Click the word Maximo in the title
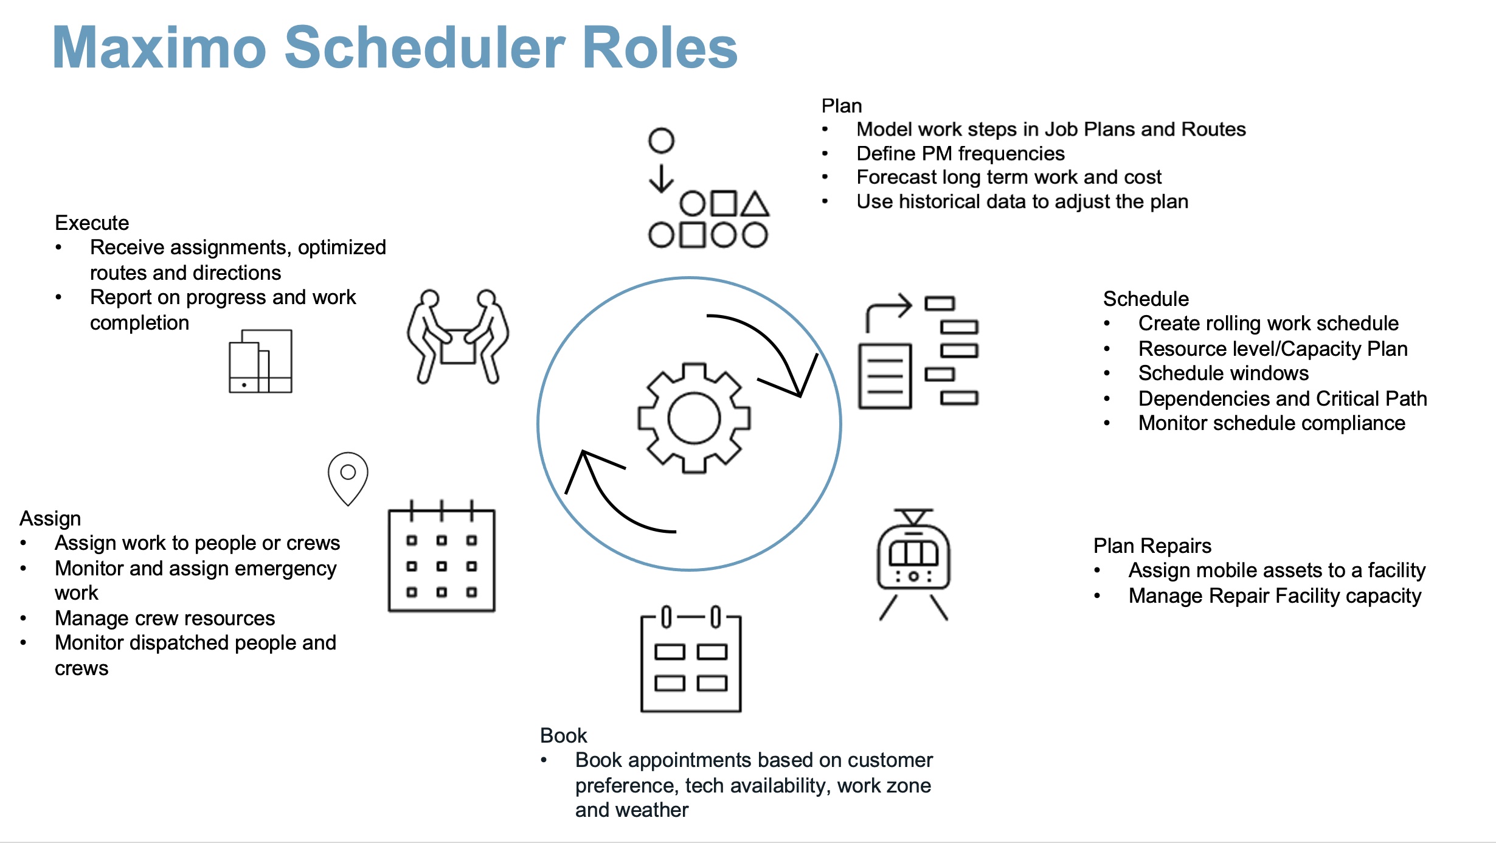tap(159, 48)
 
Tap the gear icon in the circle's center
tap(693, 418)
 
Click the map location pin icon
tap(348, 477)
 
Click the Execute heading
tap(92, 223)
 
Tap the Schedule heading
tap(1146, 299)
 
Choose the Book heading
tap(563, 735)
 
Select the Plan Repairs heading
tap(1152, 546)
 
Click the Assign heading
tap(50, 518)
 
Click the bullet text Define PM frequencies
tap(960, 153)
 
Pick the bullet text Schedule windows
tap(1223, 373)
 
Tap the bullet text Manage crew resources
tap(165, 618)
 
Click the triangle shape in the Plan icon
tap(755, 205)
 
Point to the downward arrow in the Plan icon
tap(661, 178)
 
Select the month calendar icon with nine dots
tap(442, 559)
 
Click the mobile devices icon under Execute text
tap(260, 361)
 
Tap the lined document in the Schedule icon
tap(885, 376)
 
